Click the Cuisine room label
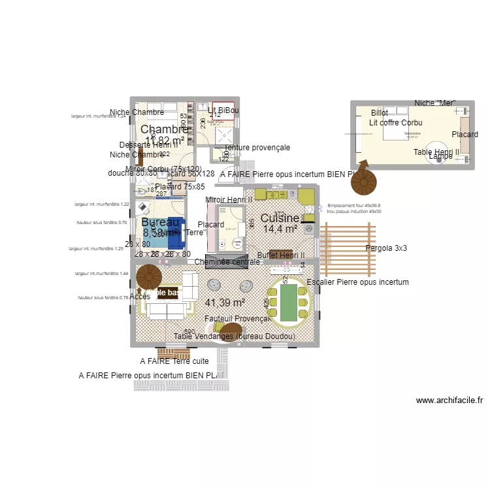(x=280, y=218)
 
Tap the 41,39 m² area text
(x=225, y=302)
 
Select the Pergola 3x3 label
(x=386, y=248)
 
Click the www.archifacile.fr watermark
(x=449, y=400)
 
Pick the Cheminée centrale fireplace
(x=227, y=261)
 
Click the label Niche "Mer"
(x=434, y=103)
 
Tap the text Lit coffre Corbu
(x=395, y=122)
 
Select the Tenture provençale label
(x=257, y=148)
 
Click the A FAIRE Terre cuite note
(x=174, y=361)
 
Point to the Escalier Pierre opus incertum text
(x=357, y=282)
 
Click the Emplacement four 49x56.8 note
(x=354, y=205)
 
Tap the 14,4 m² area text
(x=280, y=229)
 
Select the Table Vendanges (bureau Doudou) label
(x=235, y=336)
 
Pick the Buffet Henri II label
(x=281, y=255)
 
